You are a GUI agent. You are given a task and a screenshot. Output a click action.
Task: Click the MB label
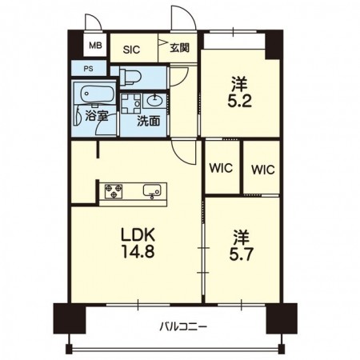pyautogui.click(x=95, y=46)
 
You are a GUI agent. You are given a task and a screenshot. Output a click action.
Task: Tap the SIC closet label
pyautogui.click(x=131, y=50)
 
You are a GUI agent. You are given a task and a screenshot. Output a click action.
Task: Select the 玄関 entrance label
pyautogui.click(x=180, y=48)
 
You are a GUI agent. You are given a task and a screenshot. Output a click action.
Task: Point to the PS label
pyautogui.click(x=89, y=69)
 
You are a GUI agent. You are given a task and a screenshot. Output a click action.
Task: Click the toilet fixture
pyautogui.click(x=130, y=76)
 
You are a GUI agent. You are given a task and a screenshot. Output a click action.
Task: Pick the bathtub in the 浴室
pyautogui.click(x=98, y=94)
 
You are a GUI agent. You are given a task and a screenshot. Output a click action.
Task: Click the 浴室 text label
pyautogui.click(x=97, y=116)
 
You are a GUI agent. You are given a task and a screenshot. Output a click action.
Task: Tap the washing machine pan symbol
pyautogui.click(x=130, y=103)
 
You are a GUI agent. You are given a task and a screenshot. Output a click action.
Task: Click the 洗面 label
pyautogui.click(x=148, y=122)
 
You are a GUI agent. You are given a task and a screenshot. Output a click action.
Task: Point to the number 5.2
pyautogui.click(x=239, y=101)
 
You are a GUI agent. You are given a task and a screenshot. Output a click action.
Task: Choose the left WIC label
pyautogui.click(x=221, y=168)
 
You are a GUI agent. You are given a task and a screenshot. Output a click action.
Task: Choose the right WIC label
pyautogui.click(x=263, y=170)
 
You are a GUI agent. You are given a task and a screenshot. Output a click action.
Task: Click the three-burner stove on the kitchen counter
pyautogui.click(x=114, y=191)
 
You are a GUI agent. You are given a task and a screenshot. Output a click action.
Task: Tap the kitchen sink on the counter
pyautogui.click(x=152, y=191)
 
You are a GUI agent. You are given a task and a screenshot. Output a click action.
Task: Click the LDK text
pyautogui.click(x=138, y=234)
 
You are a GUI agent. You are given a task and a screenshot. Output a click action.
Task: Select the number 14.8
pyautogui.click(x=138, y=252)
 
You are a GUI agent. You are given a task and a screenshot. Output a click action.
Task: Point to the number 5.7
pyautogui.click(x=241, y=254)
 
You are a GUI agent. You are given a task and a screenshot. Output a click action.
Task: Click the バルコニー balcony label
pyautogui.click(x=183, y=326)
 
